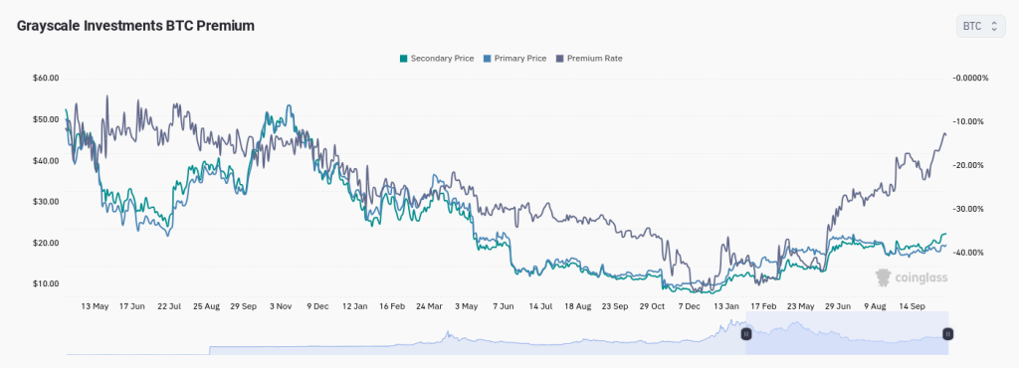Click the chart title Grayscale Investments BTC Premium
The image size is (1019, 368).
[135, 26]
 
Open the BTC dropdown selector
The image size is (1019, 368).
[981, 27]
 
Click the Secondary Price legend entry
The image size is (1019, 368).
[437, 58]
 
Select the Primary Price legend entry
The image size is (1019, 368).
[514, 58]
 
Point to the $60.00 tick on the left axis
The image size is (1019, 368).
[46, 78]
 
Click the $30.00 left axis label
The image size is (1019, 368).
[46, 202]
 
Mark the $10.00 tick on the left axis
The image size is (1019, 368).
[46, 284]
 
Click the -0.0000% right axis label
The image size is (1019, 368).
[970, 78]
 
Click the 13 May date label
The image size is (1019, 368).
[95, 306]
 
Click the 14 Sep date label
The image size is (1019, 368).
[914, 306]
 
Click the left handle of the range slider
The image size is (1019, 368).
[746, 334]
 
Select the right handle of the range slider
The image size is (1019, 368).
[947, 334]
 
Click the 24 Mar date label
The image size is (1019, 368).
[428, 306]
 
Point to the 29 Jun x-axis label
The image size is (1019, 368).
[839, 306]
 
